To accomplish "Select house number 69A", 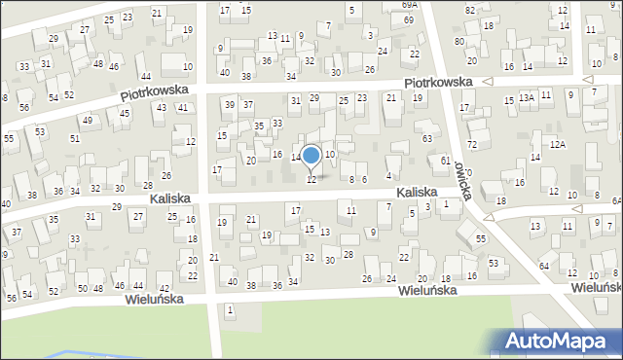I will [409, 5].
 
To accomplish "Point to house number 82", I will [470, 10].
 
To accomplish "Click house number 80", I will [459, 42].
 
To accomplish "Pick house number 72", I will [472, 144].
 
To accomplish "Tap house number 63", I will [427, 139].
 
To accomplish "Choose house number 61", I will [445, 161].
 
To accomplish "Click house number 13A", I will [527, 97].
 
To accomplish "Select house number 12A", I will [557, 144].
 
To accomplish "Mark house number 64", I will [544, 266].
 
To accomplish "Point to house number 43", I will [161, 107].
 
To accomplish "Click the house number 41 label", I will [183, 107].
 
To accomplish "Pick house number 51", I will [75, 139].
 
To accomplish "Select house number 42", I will [165, 288].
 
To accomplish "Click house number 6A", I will [616, 199].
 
